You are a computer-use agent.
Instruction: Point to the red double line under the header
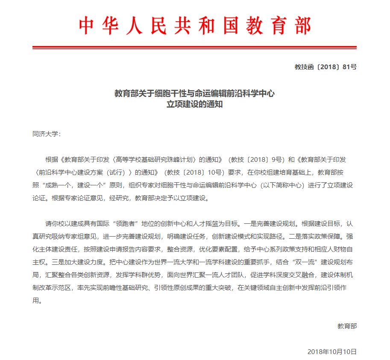coord(195,47)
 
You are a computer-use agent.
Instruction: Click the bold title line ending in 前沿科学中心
coord(194,94)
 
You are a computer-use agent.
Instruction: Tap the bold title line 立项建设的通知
coord(194,104)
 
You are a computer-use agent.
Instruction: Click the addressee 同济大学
coord(47,134)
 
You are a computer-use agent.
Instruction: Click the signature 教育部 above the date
coord(347,326)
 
